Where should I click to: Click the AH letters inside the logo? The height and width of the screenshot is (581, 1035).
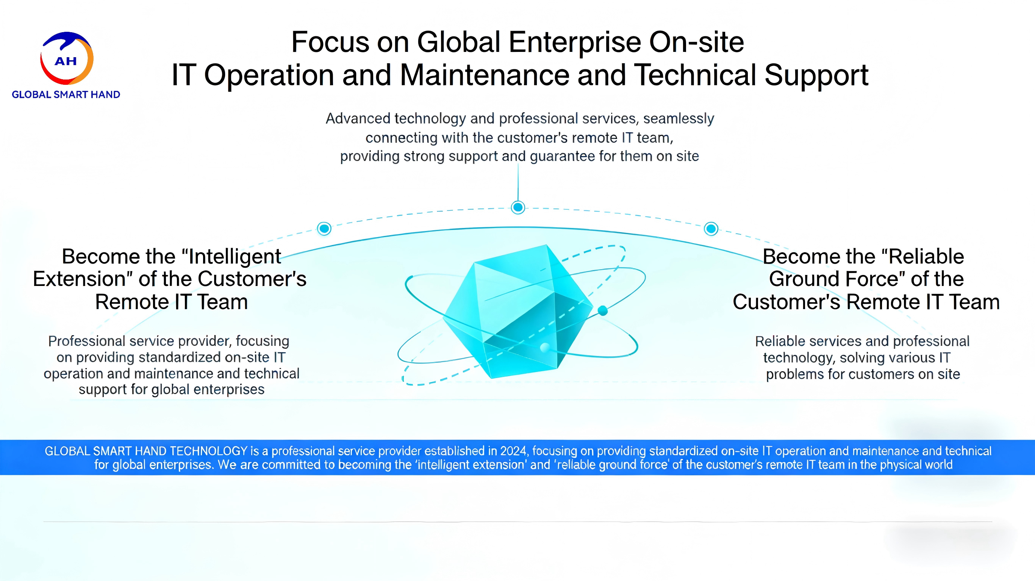[66, 61]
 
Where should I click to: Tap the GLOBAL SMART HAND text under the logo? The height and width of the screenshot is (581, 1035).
[66, 94]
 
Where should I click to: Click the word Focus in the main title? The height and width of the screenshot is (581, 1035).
[330, 42]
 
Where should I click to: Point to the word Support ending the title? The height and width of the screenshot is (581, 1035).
[816, 75]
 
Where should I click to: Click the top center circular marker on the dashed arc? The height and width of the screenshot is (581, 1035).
[518, 207]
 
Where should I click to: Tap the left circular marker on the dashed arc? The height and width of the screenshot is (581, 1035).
[324, 229]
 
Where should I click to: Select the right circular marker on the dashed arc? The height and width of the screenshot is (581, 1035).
[711, 229]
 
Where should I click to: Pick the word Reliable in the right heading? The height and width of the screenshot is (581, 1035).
[926, 257]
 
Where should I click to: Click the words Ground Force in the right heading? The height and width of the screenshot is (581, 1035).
[833, 279]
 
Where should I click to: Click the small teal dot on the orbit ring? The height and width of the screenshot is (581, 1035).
[603, 310]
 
